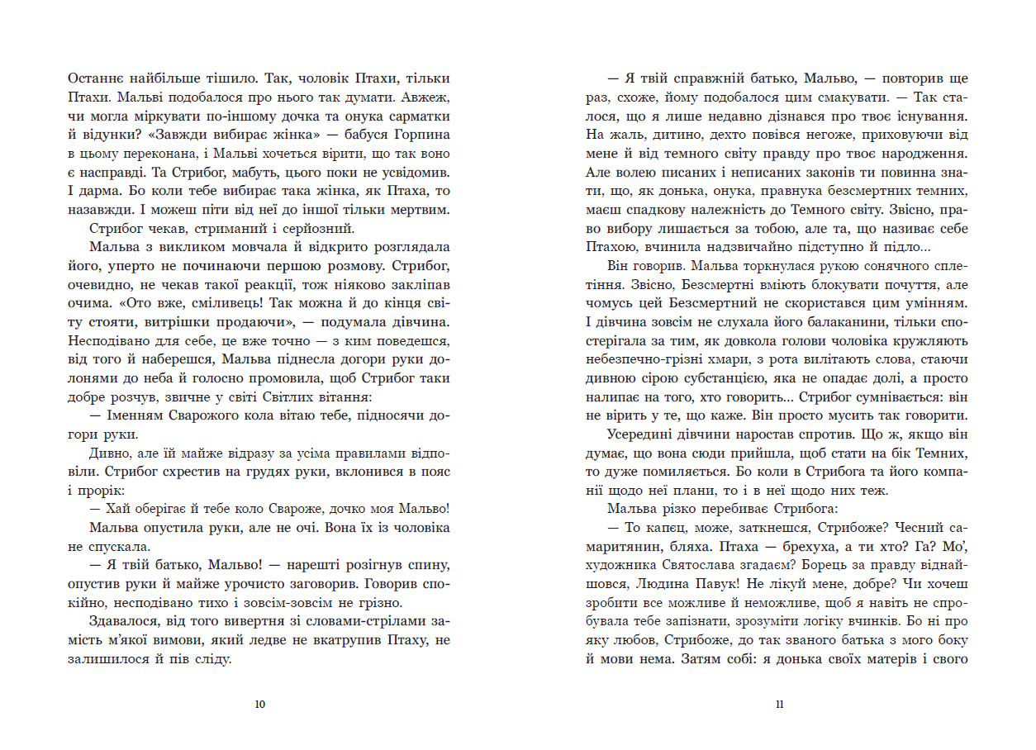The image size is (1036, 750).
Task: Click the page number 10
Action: (260, 705)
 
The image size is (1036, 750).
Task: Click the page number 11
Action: (780, 705)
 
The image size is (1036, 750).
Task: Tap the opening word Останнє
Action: (95, 78)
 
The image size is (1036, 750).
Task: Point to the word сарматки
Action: (418, 116)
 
